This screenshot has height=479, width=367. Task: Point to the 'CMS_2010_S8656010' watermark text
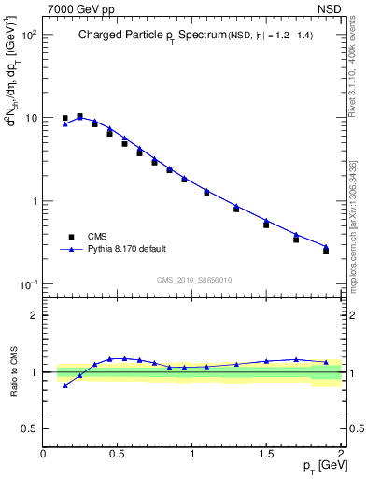pos(194,280)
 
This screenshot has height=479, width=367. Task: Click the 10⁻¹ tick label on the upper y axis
pos(28,284)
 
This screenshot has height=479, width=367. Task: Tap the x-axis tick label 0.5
pos(118,455)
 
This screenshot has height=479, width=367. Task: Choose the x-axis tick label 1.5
pos(266,455)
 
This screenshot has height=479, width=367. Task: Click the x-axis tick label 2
pos(341,455)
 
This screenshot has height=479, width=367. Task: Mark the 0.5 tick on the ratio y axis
pos(30,428)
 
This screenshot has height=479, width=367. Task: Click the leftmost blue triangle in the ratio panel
pos(64,385)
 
